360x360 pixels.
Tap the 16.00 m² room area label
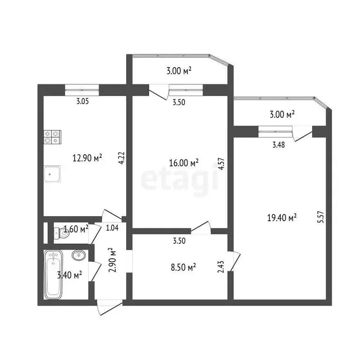pyautogui.click(x=184, y=163)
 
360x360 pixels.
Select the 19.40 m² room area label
pyautogui.click(x=282, y=217)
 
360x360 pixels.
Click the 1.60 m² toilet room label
pyautogui.click(x=76, y=229)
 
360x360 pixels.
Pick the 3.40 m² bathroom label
pyautogui.click(x=70, y=275)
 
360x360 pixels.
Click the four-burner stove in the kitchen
pyautogui.click(x=52, y=136)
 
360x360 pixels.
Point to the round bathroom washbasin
pyautogui.click(x=78, y=255)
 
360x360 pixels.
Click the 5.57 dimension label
pyautogui.click(x=321, y=219)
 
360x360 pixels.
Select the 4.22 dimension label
pyautogui.click(x=121, y=156)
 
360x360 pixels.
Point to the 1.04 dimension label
pyautogui.click(x=112, y=228)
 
